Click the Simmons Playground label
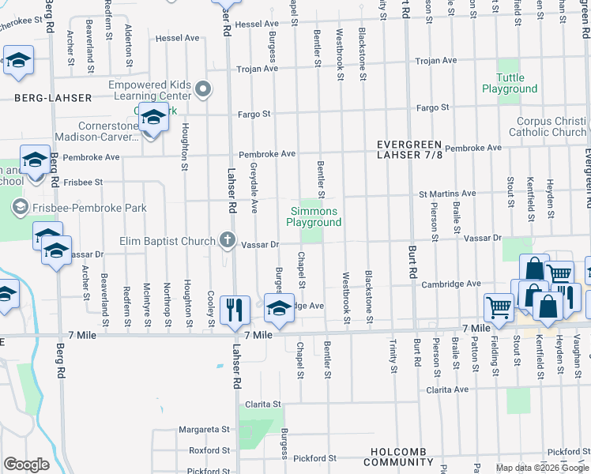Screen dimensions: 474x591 coord(315,216)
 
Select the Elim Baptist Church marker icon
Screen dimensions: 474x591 coord(228,240)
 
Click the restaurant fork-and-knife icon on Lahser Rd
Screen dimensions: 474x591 coord(234,309)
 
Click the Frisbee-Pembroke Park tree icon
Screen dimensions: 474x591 coord(20,209)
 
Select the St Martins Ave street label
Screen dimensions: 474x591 coord(447,193)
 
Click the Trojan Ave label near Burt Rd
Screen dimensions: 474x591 coord(437,61)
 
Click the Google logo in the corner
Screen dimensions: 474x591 coord(26,465)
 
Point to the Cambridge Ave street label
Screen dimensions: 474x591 coord(451,284)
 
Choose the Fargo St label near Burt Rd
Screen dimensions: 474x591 coord(433,107)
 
